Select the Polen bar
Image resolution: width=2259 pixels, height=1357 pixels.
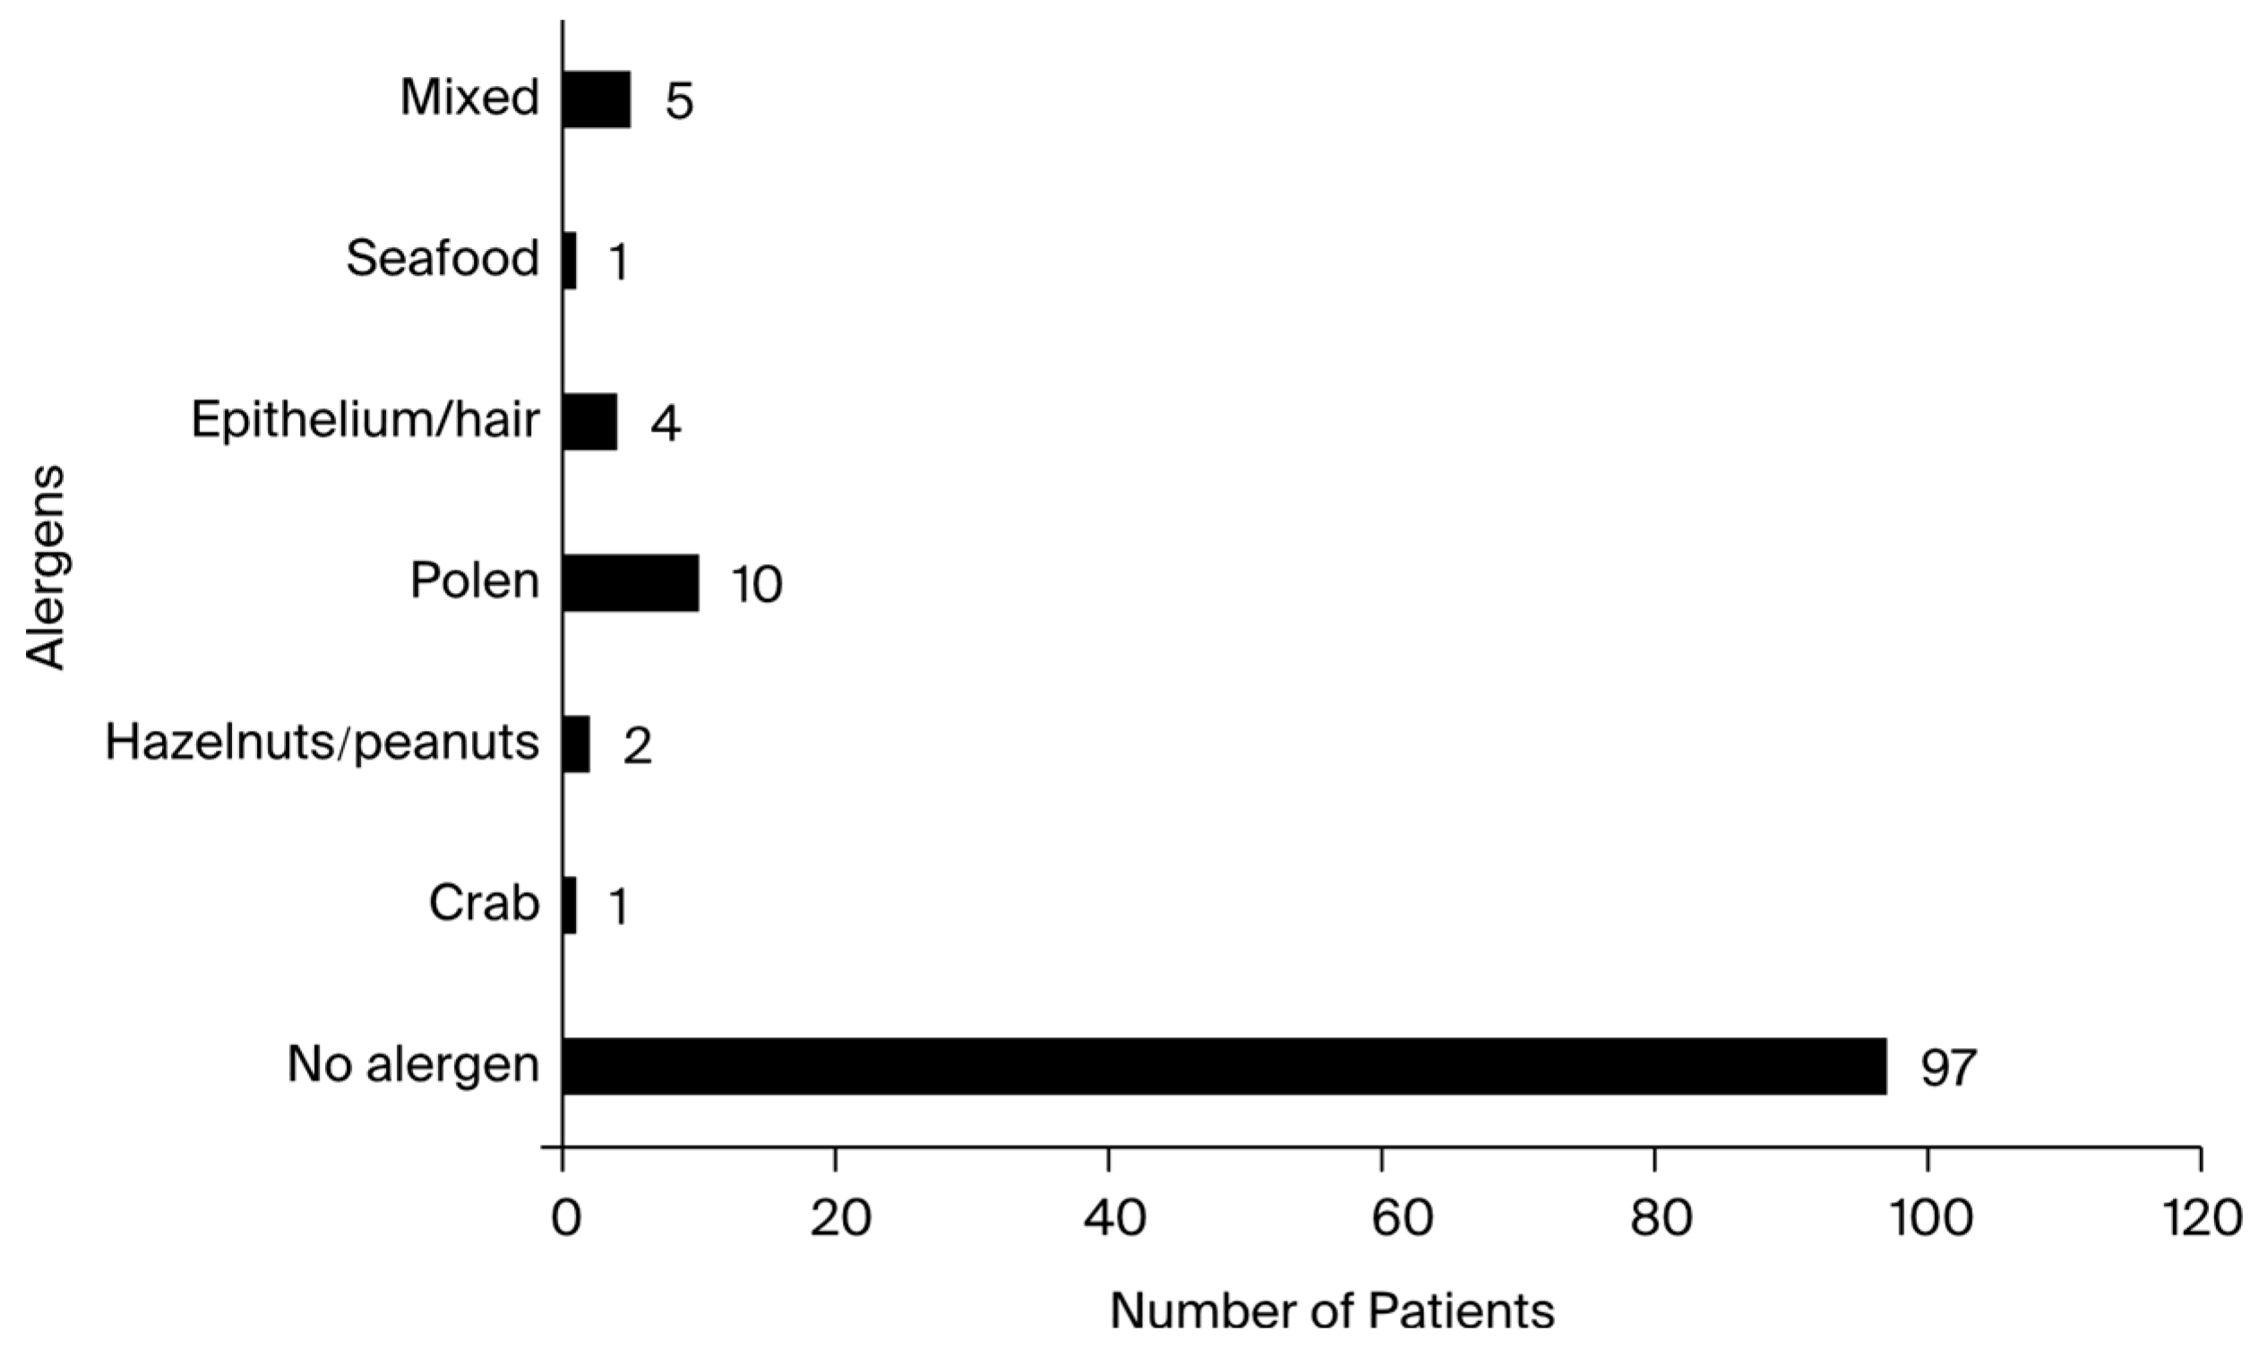tap(630, 582)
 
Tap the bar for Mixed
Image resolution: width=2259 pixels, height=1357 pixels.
tap(596, 99)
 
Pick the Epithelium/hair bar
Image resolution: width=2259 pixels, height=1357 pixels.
tap(589, 422)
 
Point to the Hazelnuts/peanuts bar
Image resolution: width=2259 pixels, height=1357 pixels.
tap(576, 744)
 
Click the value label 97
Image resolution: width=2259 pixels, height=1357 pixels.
tap(1947, 1067)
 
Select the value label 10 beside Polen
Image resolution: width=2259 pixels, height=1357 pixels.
tap(756, 584)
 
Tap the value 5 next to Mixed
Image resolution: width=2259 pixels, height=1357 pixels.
tap(679, 100)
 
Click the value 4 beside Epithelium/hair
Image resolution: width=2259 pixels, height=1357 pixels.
tap(666, 424)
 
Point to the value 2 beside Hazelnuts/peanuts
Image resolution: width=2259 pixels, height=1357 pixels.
tap(637, 746)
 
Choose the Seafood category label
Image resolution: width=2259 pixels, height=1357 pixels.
tap(442, 259)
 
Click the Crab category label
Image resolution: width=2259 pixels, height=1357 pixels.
tap(484, 905)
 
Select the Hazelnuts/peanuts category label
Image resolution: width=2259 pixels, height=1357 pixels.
tap(322, 743)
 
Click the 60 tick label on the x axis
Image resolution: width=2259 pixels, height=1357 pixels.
tap(1381, 1219)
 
